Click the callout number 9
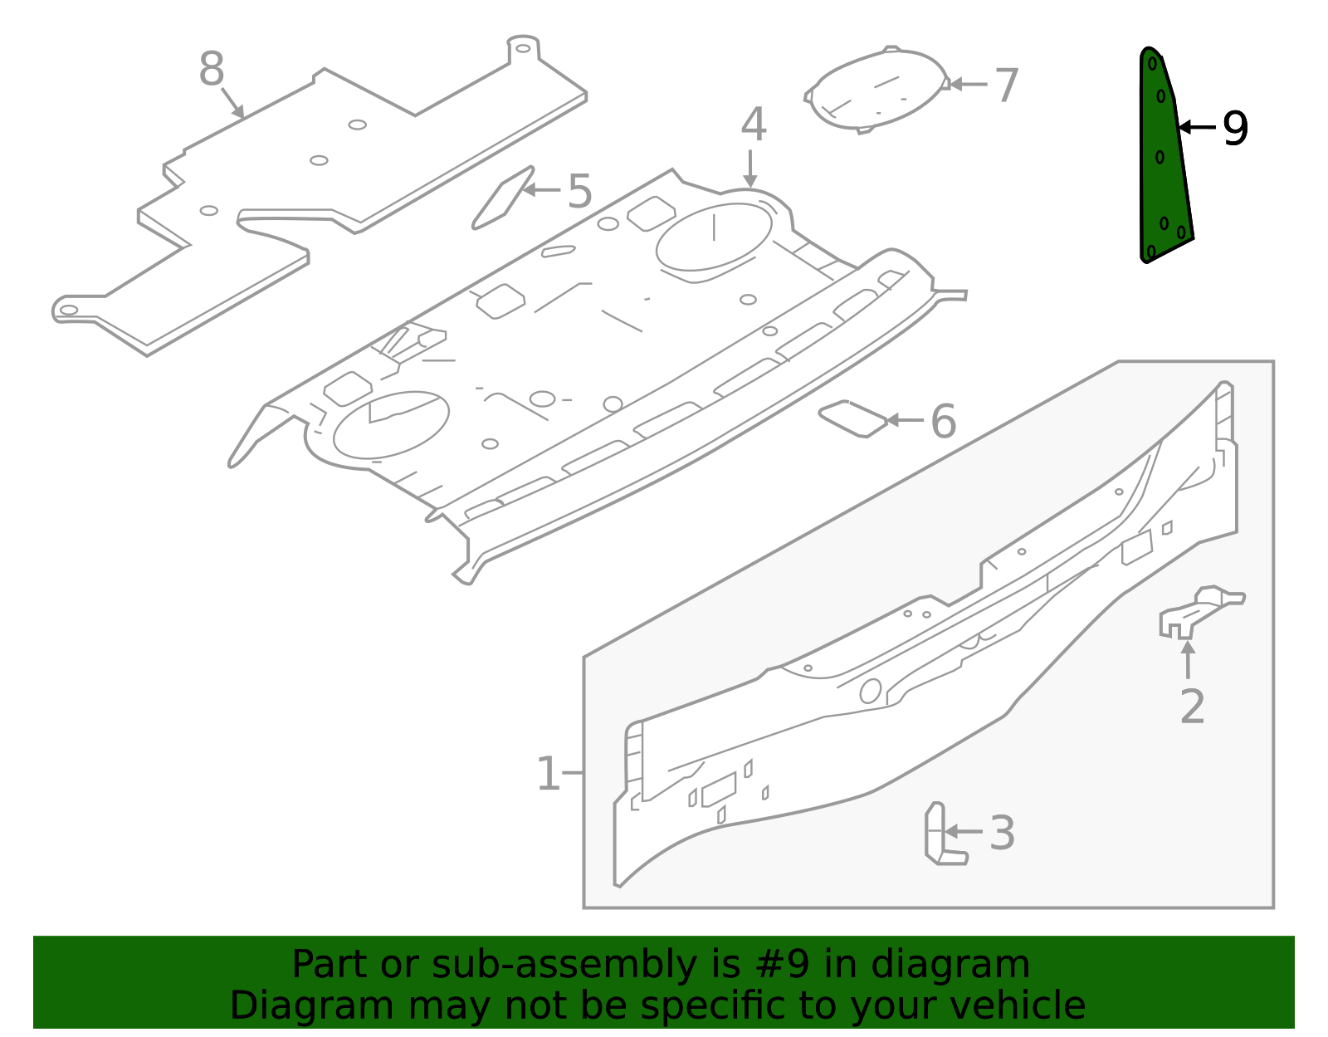(x=1235, y=129)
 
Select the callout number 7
(x=1006, y=86)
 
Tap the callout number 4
(x=753, y=125)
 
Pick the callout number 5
(x=579, y=192)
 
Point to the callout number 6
(x=943, y=421)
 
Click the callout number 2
(x=1192, y=707)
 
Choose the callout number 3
(x=1002, y=833)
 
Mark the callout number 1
(x=548, y=774)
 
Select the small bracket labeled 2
(x=1199, y=611)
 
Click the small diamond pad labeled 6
(x=852, y=418)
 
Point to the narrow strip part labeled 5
(x=502, y=198)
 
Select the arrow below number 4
(x=750, y=169)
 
